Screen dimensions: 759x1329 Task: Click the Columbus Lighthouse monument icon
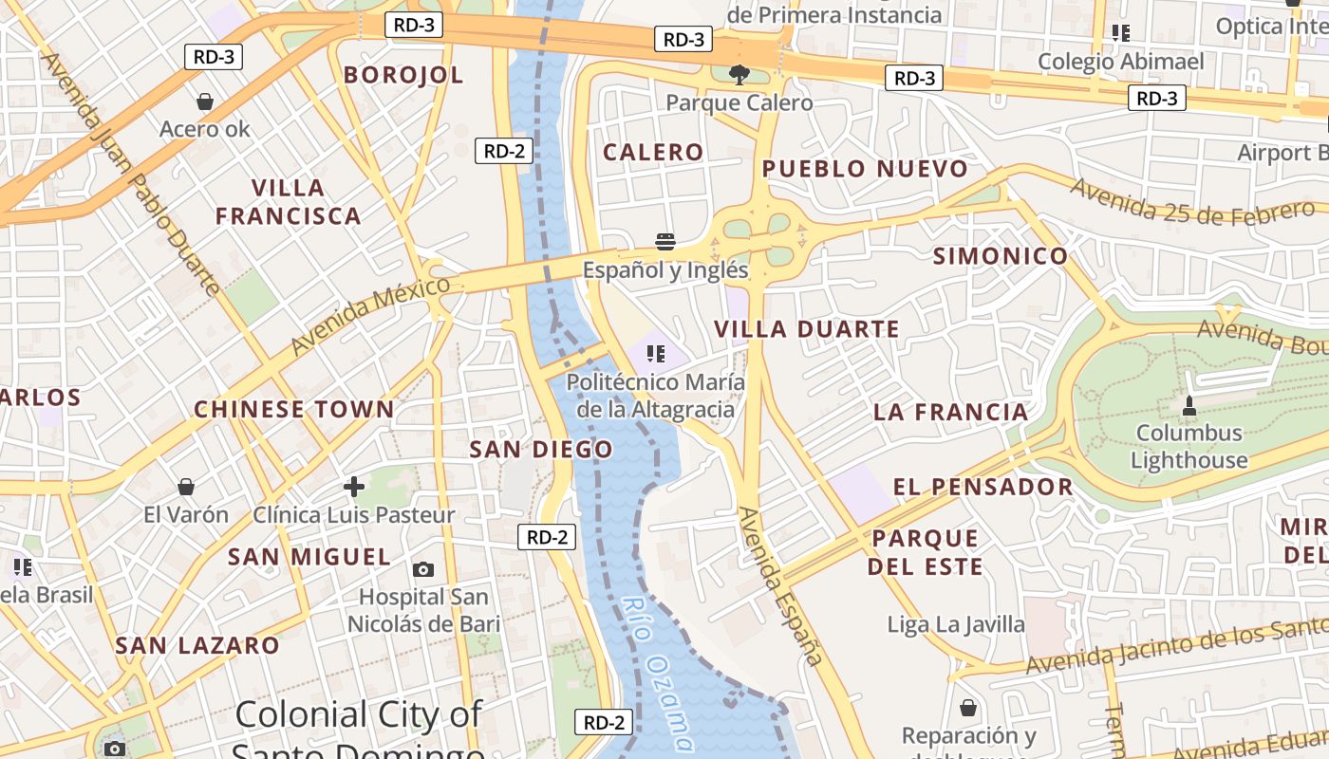pos(1189,406)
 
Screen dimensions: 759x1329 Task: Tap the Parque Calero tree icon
pos(739,74)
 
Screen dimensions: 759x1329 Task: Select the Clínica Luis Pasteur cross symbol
pos(354,487)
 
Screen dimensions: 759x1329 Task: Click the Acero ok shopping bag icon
pos(204,101)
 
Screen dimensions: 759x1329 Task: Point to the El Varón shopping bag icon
pos(186,487)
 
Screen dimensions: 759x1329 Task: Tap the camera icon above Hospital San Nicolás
pos(423,569)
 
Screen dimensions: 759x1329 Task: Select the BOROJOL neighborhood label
pos(403,75)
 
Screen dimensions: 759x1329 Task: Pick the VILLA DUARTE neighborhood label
pos(806,329)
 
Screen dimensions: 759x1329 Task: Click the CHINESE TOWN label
pos(294,410)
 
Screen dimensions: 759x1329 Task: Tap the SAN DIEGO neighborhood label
pos(541,450)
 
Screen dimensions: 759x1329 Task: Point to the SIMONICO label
pos(1001,256)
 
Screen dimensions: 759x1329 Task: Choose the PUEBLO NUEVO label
pos(865,170)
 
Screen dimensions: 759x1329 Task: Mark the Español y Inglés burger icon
pos(664,241)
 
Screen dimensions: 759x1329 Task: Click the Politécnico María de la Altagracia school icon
pos(655,354)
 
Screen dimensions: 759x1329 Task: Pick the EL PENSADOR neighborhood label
pos(983,488)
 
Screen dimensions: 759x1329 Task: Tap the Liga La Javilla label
pos(956,624)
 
